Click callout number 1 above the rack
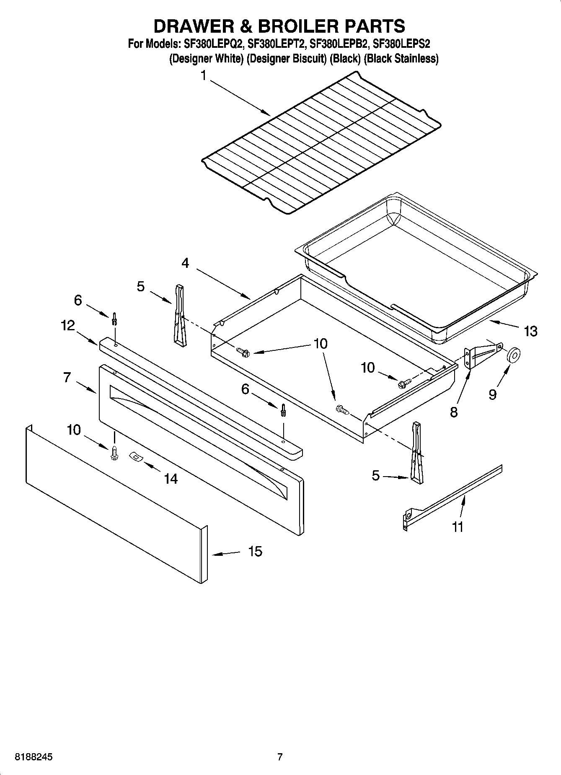(203, 76)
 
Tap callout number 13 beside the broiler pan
(530, 331)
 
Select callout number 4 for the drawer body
(185, 263)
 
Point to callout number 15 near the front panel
(255, 551)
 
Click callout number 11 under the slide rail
(458, 526)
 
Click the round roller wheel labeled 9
(513, 356)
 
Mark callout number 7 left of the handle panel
(67, 377)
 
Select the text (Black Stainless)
(401, 59)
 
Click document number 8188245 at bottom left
(34, 757)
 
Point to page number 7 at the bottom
(280, 757)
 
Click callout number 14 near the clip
(171, 479)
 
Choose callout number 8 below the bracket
(454, 412)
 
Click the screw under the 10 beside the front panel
(114, 453)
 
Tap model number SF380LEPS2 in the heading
(401, 43)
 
